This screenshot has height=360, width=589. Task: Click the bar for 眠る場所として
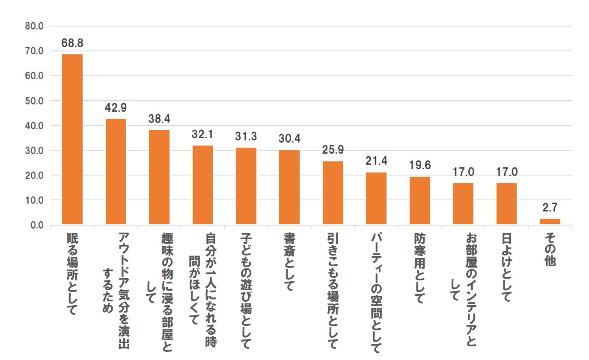(x=72, y=140)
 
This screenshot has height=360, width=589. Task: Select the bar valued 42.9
(x=116, y=172)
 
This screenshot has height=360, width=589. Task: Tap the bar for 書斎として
(x=289, y=187)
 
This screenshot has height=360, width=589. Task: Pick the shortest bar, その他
(x=550, y=222)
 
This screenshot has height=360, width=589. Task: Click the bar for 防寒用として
(x=420, y=201)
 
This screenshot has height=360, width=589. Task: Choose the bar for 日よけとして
(x=506, y=204)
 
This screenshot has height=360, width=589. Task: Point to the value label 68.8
(x=72, y=43)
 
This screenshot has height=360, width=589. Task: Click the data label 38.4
(x=159, y=119)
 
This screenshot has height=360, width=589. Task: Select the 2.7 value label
(x=550, y=208)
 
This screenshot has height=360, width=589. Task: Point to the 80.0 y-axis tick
(x=35, y=26)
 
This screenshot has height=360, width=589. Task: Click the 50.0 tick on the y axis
(x=35, y=101)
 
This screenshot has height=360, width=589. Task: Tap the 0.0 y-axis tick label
(x=37, y=225)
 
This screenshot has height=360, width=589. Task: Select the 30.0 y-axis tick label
(x=35, y=151)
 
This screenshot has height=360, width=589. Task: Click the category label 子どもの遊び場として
(x=245, y=291)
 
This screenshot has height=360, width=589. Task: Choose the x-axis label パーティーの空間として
(x=376, y=293)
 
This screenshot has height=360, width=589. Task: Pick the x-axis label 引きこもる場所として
(x=333, y=291)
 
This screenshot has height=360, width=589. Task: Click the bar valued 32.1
(x=202, y=185)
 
